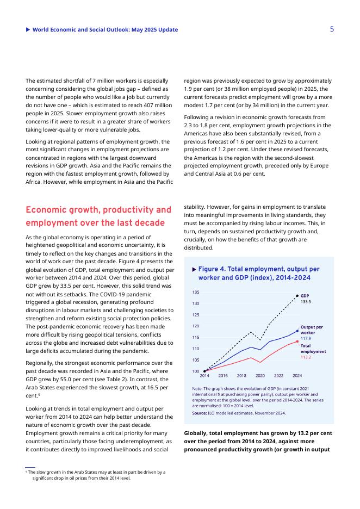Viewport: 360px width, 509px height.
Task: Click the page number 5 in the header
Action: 332,29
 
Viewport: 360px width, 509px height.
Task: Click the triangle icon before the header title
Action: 28,29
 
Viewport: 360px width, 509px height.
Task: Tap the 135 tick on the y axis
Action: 196,292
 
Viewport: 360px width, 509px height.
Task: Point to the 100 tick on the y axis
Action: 196,371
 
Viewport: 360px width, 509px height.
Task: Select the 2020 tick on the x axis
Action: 260,376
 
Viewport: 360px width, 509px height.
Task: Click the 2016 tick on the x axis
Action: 223,376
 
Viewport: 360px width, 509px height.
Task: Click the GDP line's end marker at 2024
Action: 297,296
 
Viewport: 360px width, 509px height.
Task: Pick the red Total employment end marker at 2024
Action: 297,342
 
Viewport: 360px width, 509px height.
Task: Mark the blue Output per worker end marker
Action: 297,331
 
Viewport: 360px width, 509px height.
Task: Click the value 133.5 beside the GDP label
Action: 306,301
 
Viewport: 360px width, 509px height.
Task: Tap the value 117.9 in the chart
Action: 306,338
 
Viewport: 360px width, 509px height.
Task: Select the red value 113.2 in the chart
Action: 306,357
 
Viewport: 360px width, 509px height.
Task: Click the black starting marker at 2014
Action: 204,371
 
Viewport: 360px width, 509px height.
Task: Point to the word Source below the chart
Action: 199,413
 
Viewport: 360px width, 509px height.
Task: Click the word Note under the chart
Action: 197,389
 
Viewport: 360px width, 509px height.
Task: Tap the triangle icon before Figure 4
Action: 194,269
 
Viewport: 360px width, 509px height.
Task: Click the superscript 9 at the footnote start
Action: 27,472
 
